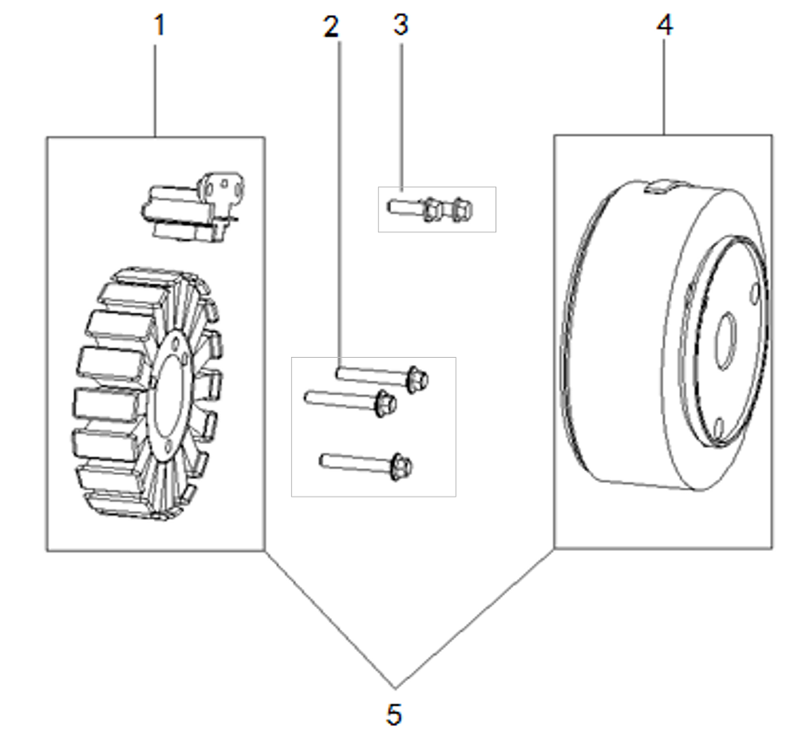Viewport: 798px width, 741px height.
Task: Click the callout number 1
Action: (x=160, y=26)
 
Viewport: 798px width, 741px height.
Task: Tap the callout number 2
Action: (x=331, y=27)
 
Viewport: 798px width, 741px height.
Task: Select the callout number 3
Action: (x=401, y=26)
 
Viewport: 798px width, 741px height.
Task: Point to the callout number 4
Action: (x=665, y=26)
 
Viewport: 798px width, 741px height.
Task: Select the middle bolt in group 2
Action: (x=351, y=398)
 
